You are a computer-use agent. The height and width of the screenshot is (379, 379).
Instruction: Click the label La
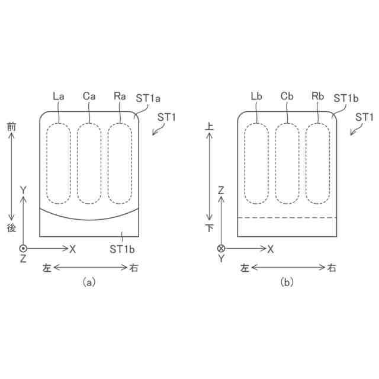tap(59, 96)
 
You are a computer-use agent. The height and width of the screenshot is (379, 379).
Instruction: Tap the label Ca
tap(89, 96)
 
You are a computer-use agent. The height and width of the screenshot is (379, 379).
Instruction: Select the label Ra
tap(120, 96)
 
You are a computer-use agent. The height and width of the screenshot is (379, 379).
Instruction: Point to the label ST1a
tap(148, 98)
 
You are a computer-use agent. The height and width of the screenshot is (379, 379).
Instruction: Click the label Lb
tap(256, 96)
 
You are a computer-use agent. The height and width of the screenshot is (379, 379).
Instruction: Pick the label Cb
tap(287, 96)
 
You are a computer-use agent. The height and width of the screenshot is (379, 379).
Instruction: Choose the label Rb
tap(317, 96)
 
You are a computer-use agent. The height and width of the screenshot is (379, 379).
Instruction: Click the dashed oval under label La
tap(47, 163)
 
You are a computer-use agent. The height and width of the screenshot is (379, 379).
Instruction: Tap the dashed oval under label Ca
tap(78, 163)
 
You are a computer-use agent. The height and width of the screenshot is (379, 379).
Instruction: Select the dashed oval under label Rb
tap(306, 163)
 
